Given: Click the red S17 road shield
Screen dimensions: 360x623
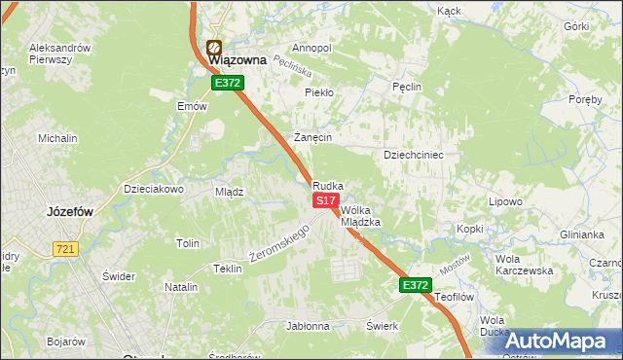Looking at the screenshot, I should (325, 199).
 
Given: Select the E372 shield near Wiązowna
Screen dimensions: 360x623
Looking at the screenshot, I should (229, 84).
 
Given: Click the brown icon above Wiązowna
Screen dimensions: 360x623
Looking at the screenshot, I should (214, 46).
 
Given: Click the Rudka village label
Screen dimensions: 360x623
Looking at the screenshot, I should (327, 186).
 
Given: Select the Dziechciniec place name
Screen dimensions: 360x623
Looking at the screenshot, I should (414, 155).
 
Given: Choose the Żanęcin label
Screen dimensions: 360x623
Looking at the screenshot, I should (313, 137).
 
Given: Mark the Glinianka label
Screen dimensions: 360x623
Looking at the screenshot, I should (581, 234).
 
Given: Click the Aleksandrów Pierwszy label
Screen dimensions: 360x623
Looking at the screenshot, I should (60, 54).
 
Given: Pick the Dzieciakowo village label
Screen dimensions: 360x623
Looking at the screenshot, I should (153, 189).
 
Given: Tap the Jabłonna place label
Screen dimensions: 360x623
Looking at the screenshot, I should (308, 326).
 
